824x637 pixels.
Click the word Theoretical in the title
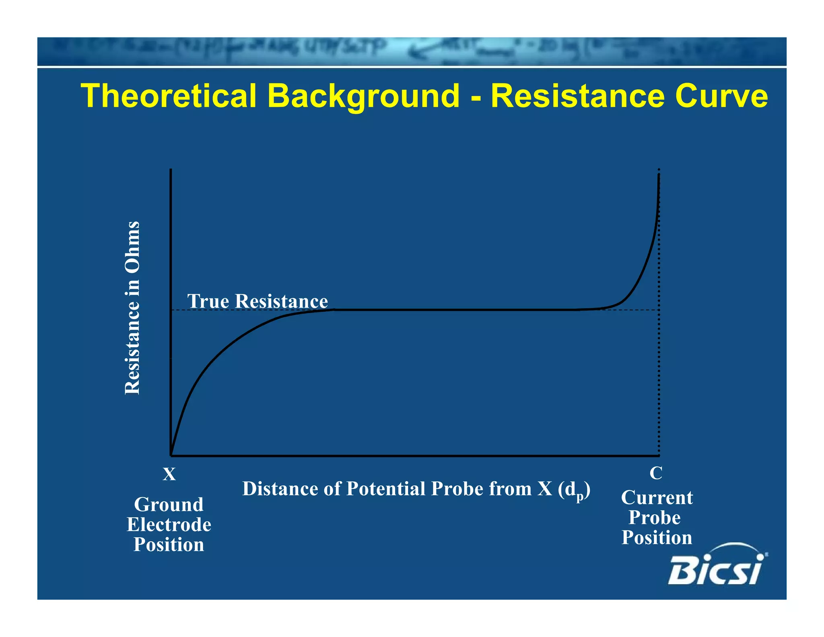click(x=169, y=96)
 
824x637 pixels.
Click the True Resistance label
click(x=257, y=301)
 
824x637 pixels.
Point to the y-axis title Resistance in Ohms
click(x=132, y=308)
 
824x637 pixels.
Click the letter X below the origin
click(x=169, y=474)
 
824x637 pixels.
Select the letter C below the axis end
click(x=656, y=473)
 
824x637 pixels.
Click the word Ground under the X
click(x=169, y=505)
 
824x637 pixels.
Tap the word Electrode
click(x=169, y=525)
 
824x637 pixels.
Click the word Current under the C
click(x=657, y=498)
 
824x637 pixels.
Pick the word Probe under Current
click(x=655, y=517)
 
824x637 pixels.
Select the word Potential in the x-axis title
click(x=386, y=489)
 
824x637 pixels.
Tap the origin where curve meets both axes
click(x=171, y=455)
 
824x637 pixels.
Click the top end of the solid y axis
click(x=171, y=170)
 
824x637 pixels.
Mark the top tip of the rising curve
click(x=659, y=174)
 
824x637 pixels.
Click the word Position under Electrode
click(x=169, y=545)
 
